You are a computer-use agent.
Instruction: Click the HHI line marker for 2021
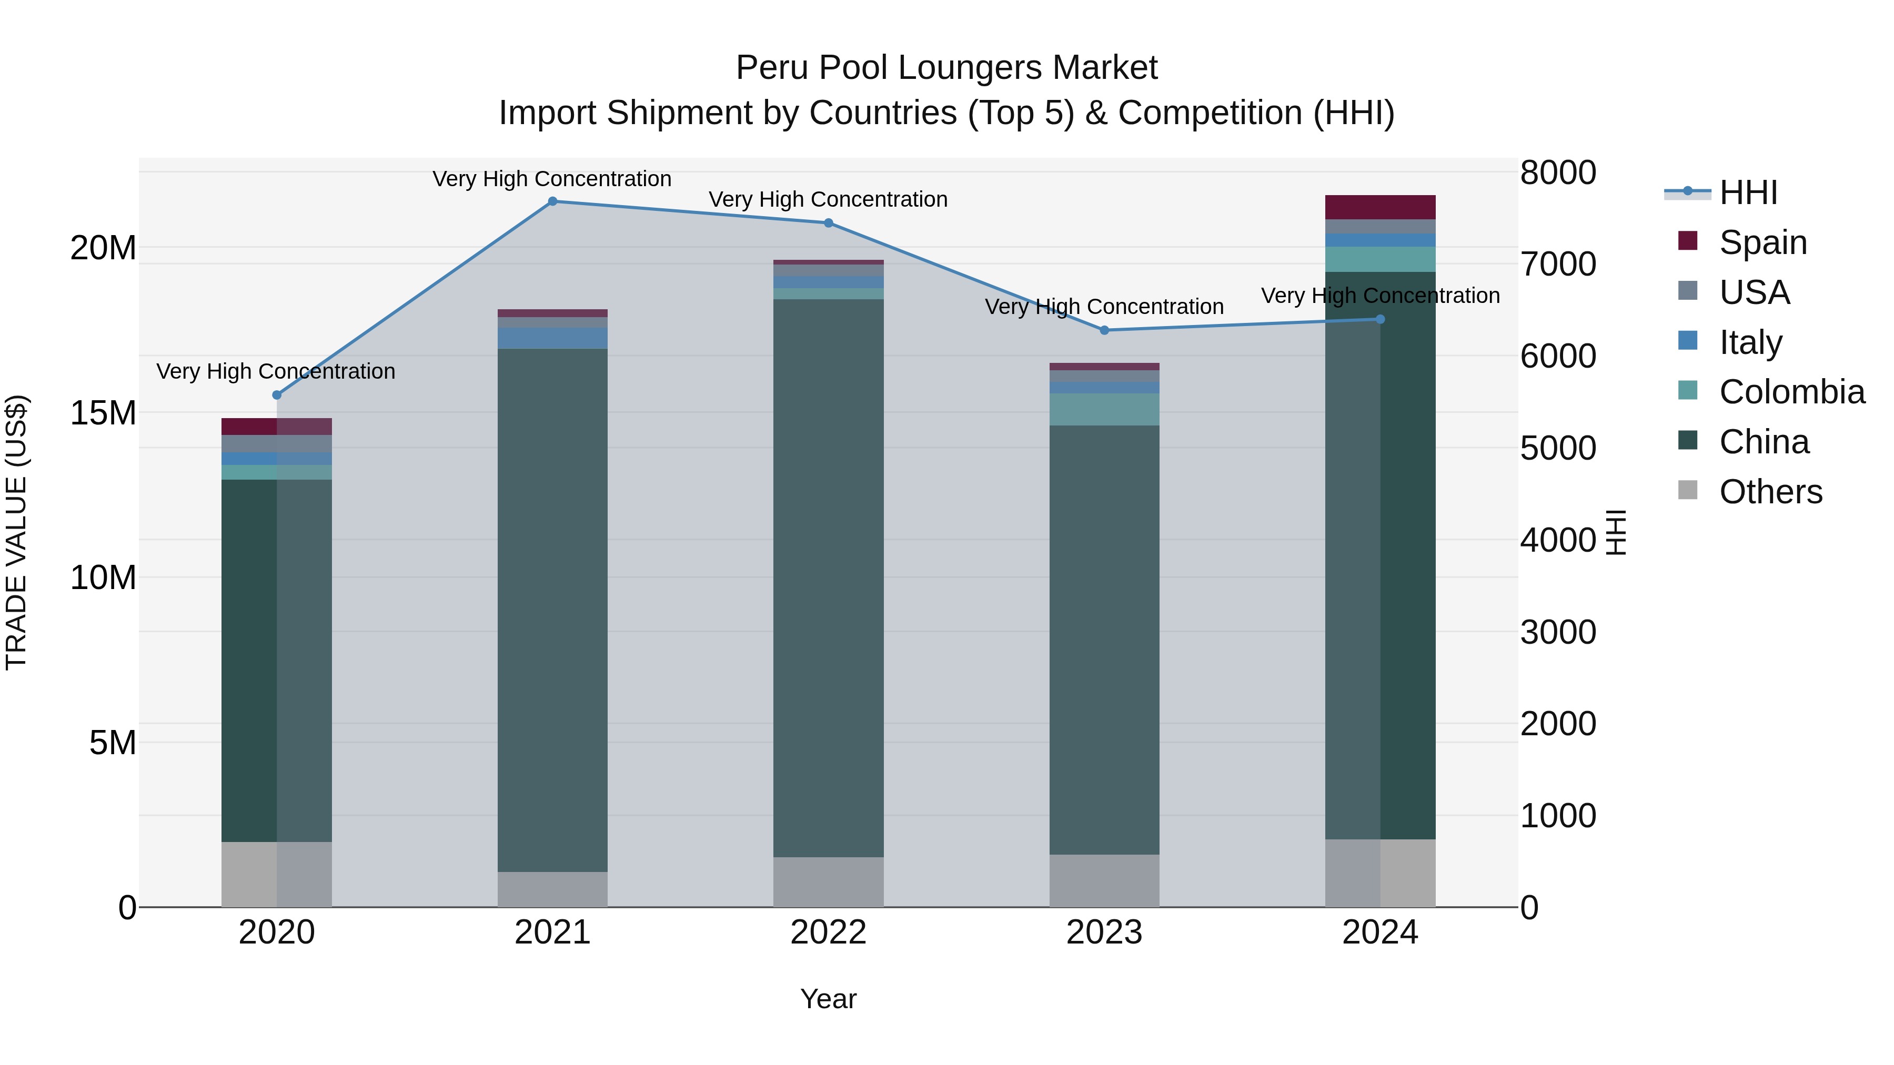pos(552,201)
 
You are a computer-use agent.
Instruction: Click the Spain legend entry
pos(1762,242)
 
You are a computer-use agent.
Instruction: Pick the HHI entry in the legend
pos(1748,192)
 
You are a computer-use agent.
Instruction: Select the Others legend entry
pos(1770,492)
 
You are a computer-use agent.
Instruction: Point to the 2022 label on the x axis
pos(828,932)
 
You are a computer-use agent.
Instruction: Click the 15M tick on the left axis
pos(103,413)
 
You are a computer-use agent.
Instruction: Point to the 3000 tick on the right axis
pos(1558,632)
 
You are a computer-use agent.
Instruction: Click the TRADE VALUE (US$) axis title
pos(16,532)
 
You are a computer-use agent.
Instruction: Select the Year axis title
pos(828,999)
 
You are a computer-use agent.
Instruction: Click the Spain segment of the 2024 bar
pos(1380,207)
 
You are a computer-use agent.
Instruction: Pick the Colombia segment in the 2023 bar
pos(1104,409)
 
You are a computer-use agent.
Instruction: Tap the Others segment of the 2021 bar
pos(552,889)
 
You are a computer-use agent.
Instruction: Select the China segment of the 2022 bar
pos(828,577)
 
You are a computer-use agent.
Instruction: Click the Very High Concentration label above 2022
pos(828,199)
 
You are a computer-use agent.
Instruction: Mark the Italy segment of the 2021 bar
pos(552,338)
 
